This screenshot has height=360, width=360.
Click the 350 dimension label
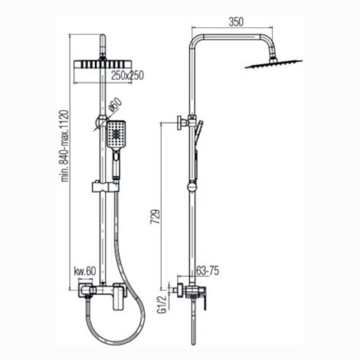click(236, 22)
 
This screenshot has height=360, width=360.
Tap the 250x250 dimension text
click(128, 75)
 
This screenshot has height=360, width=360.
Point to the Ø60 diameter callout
click(116, 105)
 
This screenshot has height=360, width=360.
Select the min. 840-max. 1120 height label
click(65, 146)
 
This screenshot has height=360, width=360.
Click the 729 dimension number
click(155, 217)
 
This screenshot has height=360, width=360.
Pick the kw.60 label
click(85, 271)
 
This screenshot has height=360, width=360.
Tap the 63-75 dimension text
click(208, 270)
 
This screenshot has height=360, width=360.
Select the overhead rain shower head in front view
click(103, 64)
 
